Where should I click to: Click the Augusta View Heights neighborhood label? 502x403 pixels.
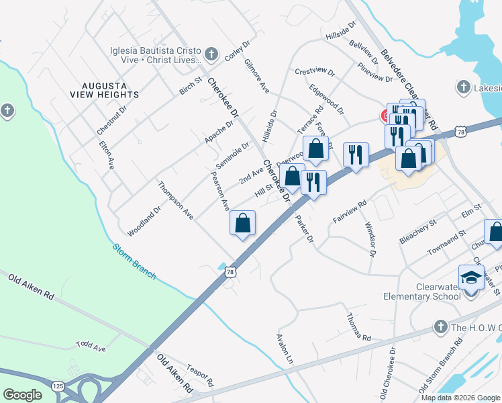coord(111,90)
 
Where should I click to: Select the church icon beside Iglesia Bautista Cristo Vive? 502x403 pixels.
coord(211,53)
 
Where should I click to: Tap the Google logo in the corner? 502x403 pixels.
coord(22,394)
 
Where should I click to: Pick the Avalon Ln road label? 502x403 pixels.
coord(286,349)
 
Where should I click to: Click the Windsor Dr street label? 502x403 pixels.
coord(369,238)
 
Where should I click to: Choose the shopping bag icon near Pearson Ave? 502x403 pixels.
coord(242,224)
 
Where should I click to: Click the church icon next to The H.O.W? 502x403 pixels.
coord(440,326)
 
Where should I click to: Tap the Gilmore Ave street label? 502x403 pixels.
coord(257,77)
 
